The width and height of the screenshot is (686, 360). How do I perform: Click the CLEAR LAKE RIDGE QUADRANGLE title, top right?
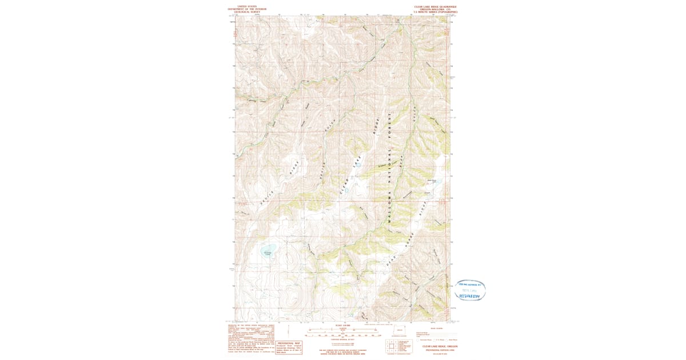436,6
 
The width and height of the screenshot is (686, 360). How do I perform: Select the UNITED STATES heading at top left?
247,5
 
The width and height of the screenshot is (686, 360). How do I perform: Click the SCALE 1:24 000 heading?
344,325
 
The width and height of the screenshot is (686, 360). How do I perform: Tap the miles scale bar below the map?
343,330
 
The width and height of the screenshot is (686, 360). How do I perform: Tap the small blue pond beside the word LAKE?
359,166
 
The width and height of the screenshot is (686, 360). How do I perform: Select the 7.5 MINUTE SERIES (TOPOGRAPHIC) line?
436,11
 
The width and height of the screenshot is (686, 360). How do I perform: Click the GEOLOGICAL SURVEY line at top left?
247,12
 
